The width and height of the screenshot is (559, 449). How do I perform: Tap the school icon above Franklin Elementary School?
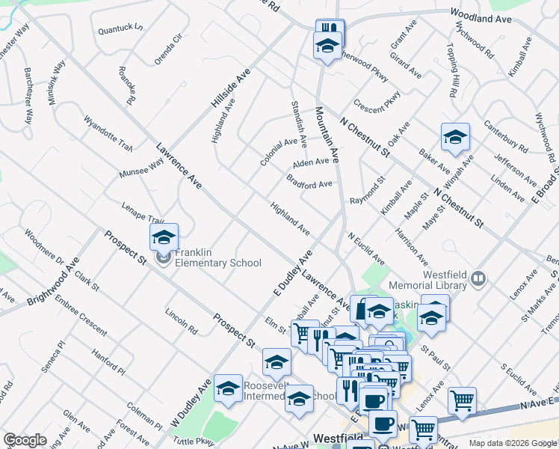(x=164, y=238)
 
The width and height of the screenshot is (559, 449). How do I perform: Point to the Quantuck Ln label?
(x=120, y=29)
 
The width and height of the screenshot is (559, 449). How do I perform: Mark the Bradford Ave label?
(x=309, y=182)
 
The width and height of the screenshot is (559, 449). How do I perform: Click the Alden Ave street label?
(x=310, y=162)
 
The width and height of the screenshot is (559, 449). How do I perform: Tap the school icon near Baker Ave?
(x=455, y=138)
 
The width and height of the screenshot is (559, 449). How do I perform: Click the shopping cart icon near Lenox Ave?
(x=462, y=400)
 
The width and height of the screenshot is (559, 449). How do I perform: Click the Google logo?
(x=25, y=440)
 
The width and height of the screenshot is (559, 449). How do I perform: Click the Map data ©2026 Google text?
(x=513, y=443)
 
